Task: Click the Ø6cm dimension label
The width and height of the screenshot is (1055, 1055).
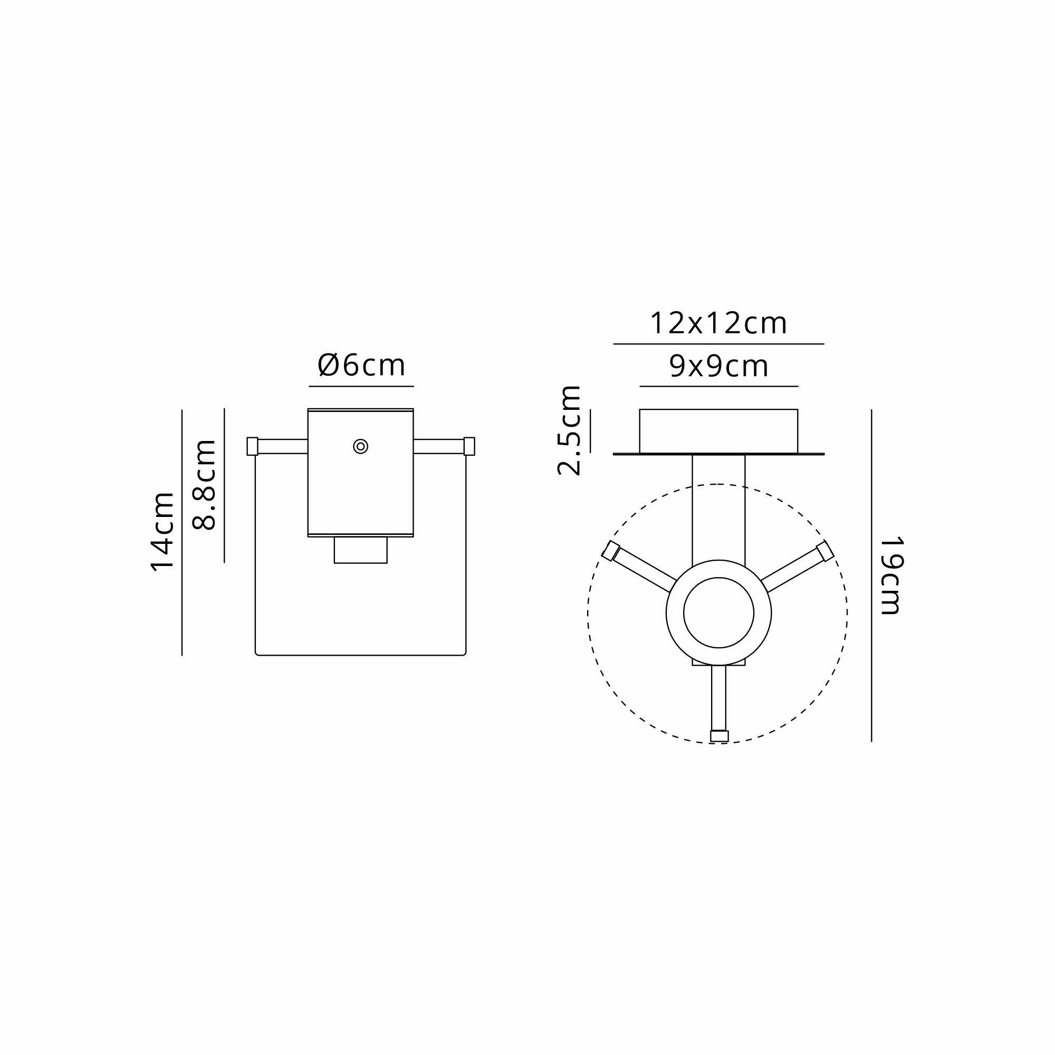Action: click(x=361, y=365)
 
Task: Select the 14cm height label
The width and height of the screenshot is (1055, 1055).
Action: click(x=162, y=532)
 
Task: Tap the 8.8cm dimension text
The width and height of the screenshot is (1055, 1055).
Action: click(x=205, y=485)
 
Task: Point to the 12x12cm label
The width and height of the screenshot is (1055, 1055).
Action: click(x=718, y=323)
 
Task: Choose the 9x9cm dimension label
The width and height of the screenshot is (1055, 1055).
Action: click(x=718, y=366)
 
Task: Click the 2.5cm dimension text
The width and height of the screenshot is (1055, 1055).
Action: click(x=569, y=430)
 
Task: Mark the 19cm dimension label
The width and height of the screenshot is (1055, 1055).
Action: click(x=890, y=576)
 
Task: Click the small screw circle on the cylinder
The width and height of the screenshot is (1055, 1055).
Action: click(x=360, y=446)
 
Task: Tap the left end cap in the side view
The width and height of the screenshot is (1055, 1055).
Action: click(x=252, y=446)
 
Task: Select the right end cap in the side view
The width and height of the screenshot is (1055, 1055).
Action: click(x=469, y=446)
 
